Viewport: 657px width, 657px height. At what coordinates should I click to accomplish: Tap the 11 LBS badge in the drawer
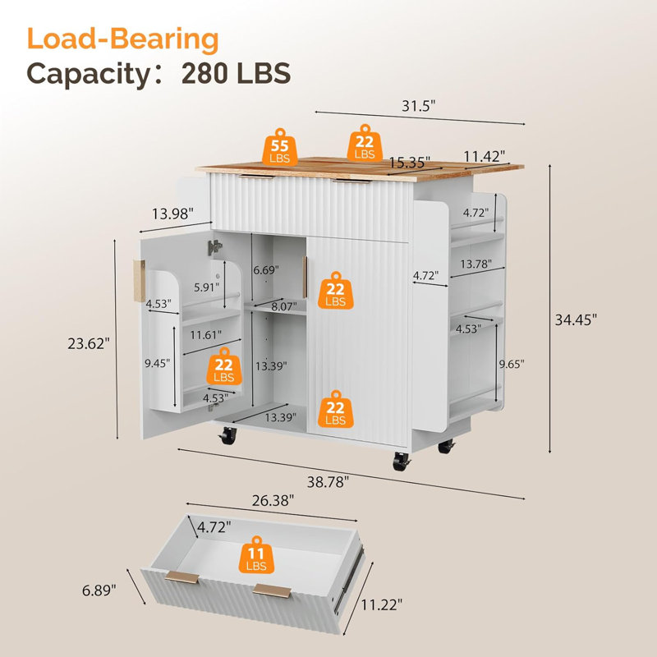coord(256,555)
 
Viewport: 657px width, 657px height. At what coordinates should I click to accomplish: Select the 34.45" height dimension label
coord(576,320)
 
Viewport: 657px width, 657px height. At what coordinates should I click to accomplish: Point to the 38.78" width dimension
coord(328,482)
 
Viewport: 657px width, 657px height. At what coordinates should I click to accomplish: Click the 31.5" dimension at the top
coord(419,106)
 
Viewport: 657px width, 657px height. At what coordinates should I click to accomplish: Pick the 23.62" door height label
coord(89,343)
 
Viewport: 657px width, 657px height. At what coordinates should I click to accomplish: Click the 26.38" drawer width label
coord(273,500)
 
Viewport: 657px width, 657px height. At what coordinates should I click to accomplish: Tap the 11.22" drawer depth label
coord(381,604)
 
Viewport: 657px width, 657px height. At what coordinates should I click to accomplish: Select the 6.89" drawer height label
coord(99,590)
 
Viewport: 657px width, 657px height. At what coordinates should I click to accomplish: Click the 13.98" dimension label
coord(172,214)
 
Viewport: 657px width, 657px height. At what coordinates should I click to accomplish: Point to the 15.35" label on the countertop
coord(409,162)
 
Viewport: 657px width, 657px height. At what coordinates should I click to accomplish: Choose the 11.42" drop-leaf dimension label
coord(484,156)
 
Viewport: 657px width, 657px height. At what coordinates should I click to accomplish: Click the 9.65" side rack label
coord(511,364)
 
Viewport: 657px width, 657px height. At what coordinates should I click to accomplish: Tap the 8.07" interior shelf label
coord(283,306)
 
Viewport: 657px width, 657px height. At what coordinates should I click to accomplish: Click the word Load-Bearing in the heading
coord(122,39)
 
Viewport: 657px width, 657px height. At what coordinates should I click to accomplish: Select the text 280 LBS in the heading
coord(237,73)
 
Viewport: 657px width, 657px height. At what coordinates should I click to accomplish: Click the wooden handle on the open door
coord(139,281)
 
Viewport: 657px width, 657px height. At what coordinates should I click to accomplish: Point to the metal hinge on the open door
coord(214,247)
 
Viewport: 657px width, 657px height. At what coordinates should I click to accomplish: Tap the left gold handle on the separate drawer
coord(182,577)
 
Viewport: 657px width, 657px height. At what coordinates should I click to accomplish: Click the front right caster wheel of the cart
coord(401,462)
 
